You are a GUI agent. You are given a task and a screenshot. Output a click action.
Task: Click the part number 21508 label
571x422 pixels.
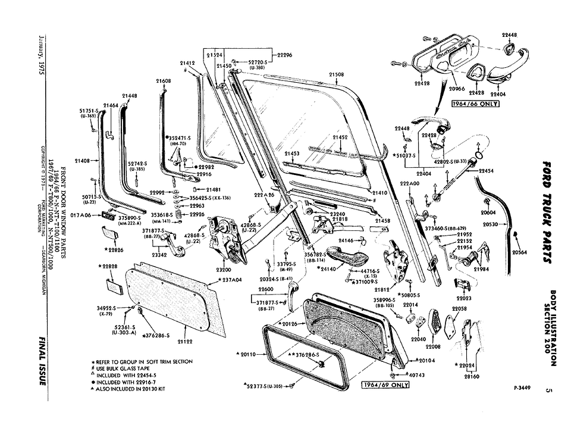tap(336, 74)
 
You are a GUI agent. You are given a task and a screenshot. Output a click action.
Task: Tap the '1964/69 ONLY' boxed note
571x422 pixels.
tap(385, 385)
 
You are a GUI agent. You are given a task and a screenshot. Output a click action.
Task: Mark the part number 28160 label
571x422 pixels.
tap(472, 377)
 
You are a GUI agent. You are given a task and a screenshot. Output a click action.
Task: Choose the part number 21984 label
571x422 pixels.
tap(481, 269)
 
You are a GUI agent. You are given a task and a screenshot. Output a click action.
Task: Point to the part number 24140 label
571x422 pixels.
tap(328, 269)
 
